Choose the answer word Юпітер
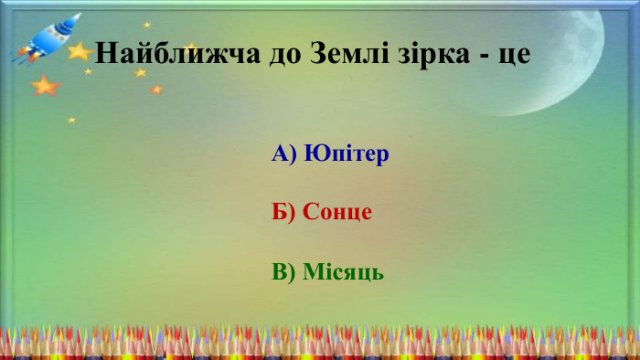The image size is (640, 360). coord(347,154)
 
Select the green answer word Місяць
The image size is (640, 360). coord(343,272)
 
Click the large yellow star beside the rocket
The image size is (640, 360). coord(80,52)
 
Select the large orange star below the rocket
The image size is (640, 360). coord(43,87)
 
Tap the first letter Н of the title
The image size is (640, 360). coord(105,52)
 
